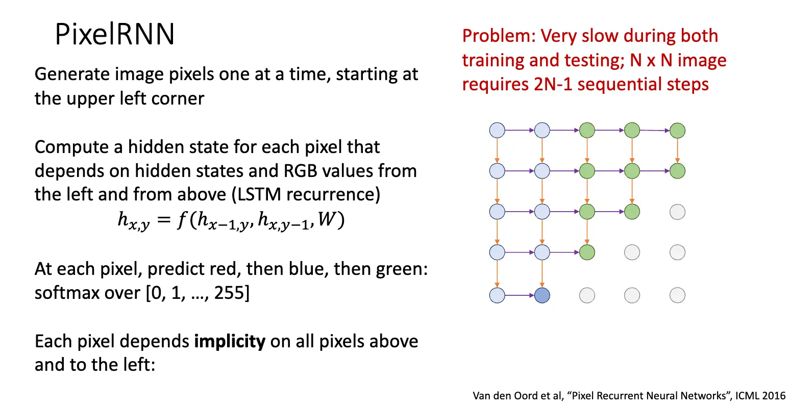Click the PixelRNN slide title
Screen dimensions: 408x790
(x=115, y=35)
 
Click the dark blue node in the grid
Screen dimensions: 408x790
(x=542, y=295)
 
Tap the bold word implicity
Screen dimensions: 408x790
(x=230, y=341)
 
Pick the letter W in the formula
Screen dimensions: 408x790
(x=327, y=219)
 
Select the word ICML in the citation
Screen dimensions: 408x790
(x=749, y=396)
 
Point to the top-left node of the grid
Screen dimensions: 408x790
(x=497, y=131)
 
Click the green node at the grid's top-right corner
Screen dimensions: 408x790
(x=677, y=131)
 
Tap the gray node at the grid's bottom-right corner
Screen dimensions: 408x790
(x=677, y=295)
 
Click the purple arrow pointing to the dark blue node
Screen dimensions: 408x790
(x=520, y=295)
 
